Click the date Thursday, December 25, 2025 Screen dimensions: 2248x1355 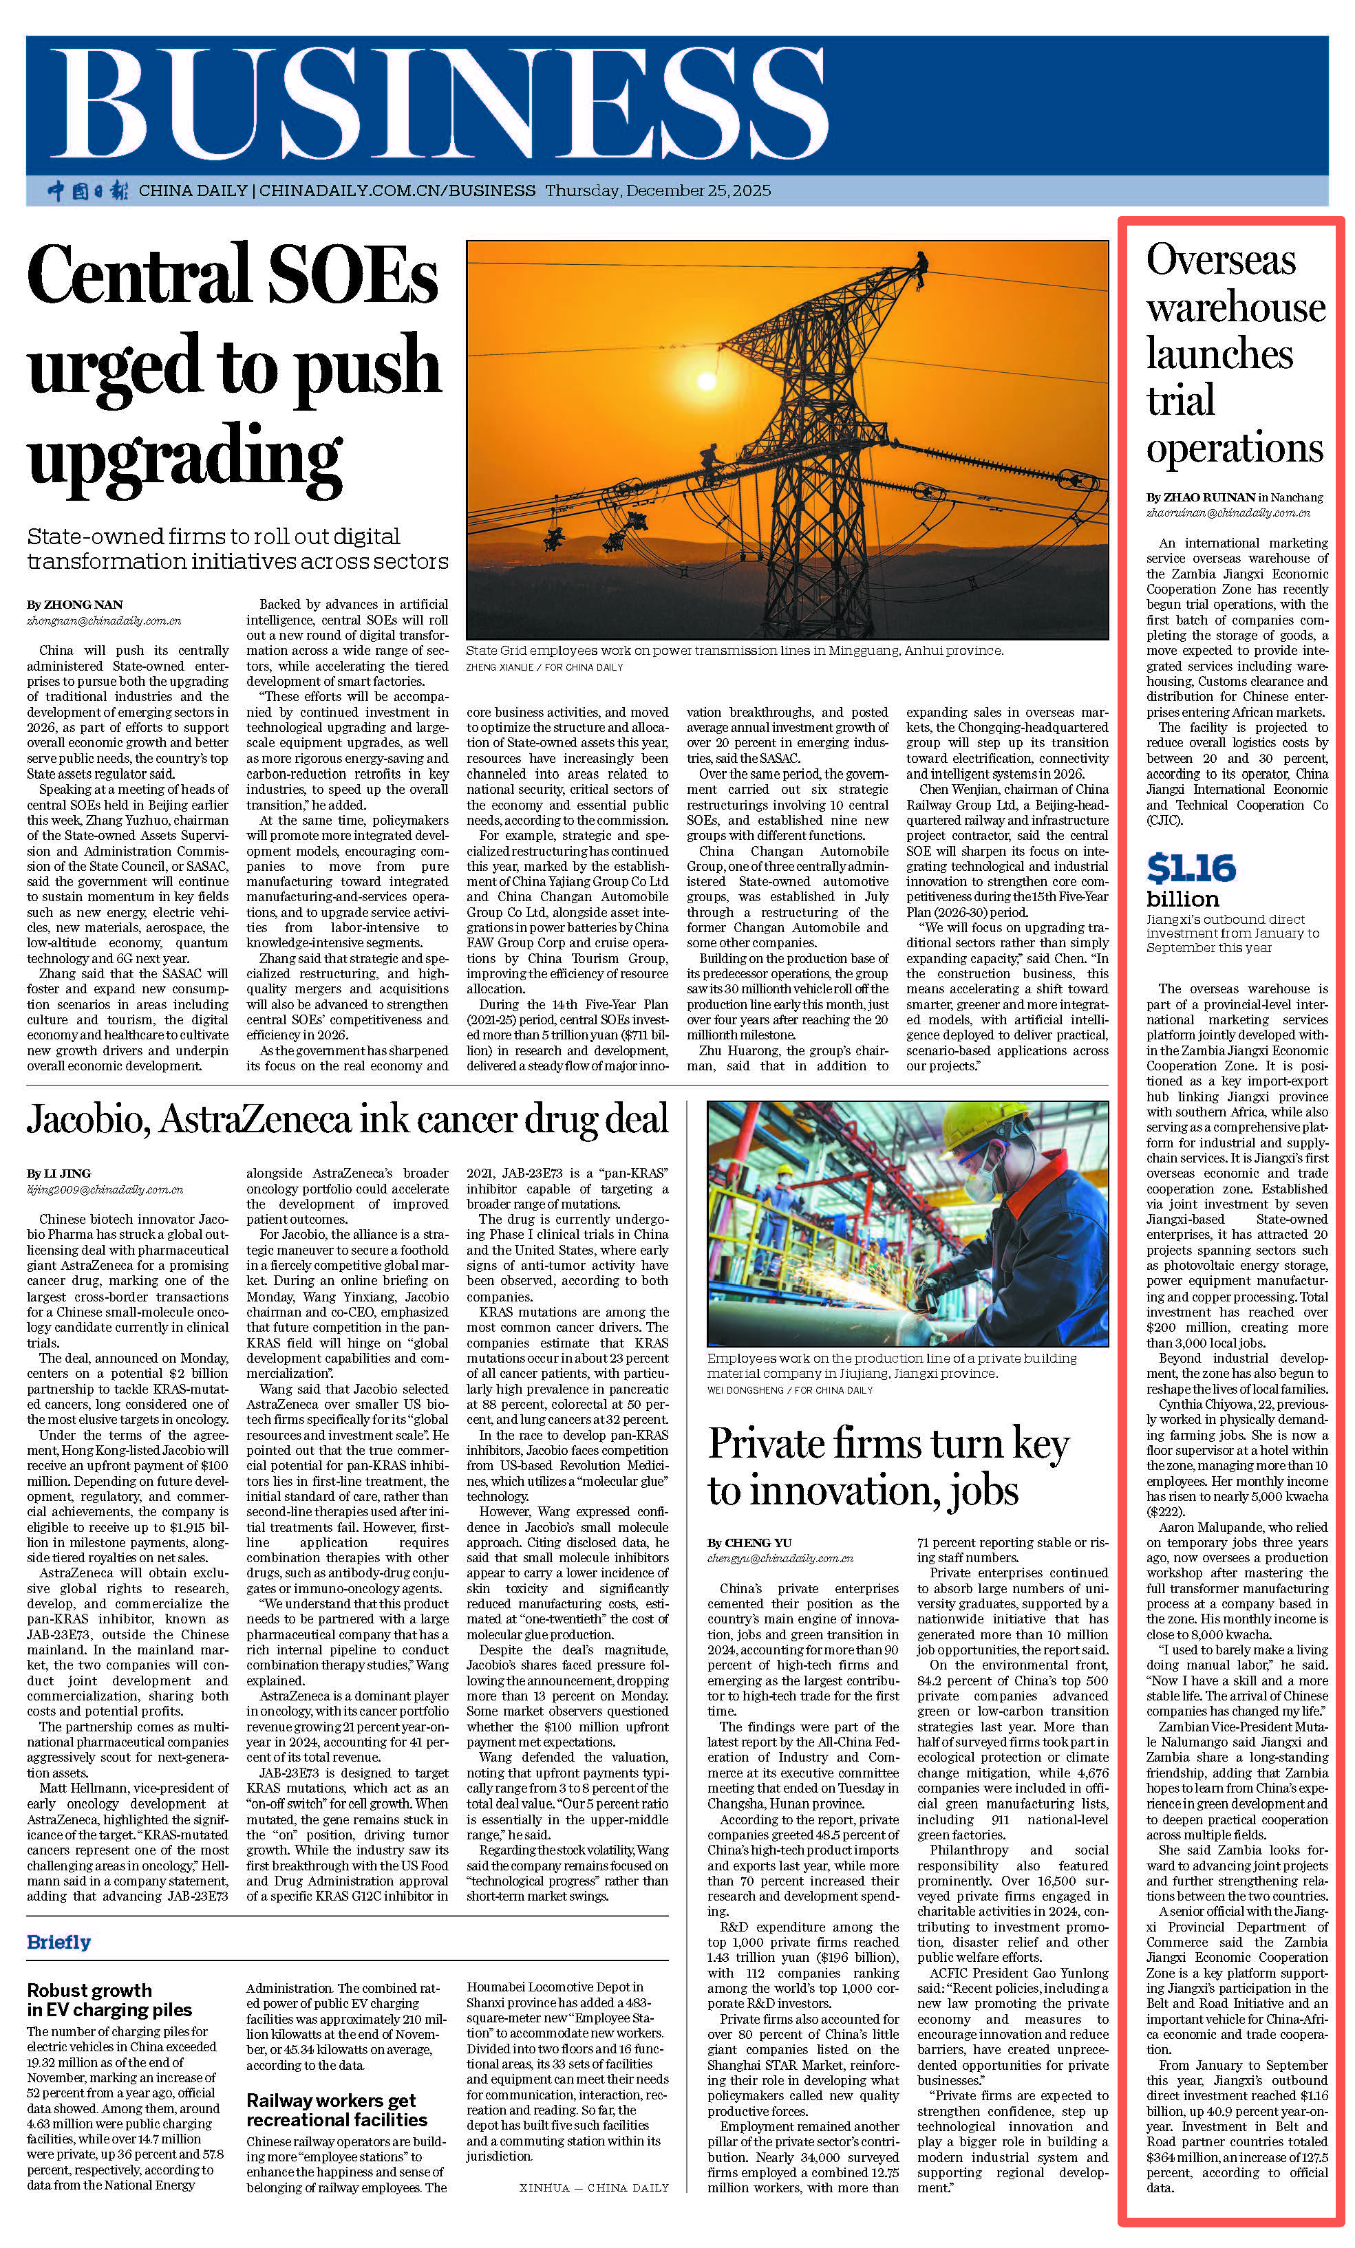658,191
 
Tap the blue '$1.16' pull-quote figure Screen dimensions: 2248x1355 1191,867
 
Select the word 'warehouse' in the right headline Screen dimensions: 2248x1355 1235,308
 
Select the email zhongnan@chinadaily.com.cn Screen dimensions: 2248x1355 104,620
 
